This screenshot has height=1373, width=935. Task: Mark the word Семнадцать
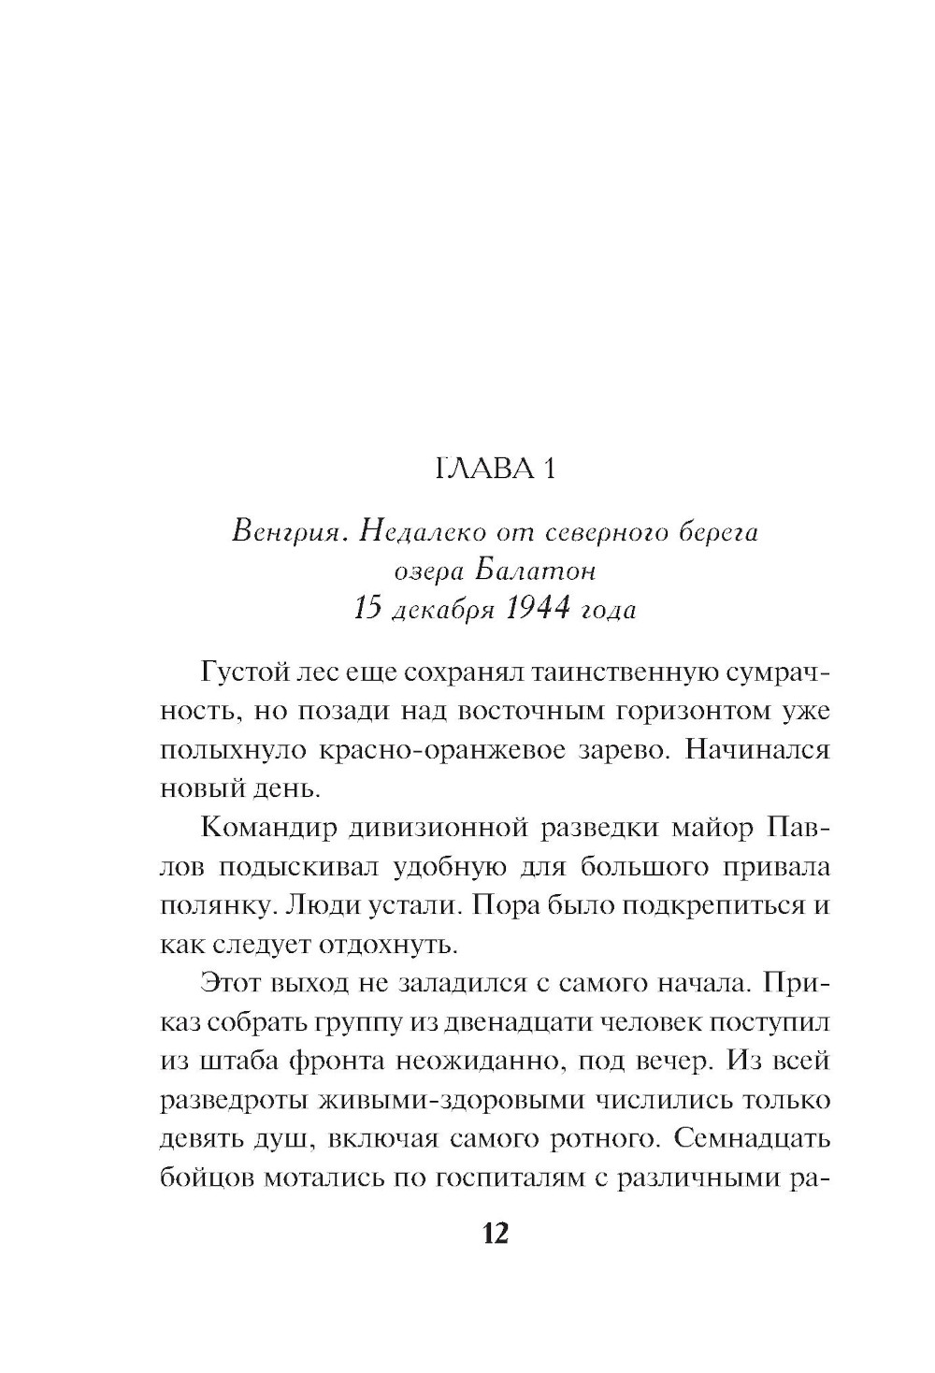(x=751, y=1140)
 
